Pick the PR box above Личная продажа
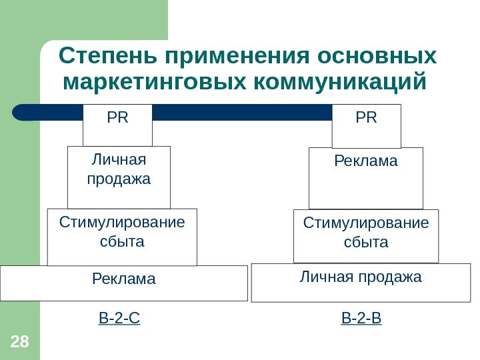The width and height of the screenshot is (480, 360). (117, 125)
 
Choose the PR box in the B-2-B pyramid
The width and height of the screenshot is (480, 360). (366, 125)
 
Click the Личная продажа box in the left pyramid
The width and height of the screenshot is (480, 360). (119, 177)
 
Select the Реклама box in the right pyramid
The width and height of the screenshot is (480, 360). (365, 178)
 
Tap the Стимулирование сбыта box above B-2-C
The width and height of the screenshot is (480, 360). (122, 237)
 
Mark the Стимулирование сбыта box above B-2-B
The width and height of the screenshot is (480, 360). (366, 236)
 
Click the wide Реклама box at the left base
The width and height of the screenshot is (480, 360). (123, 283)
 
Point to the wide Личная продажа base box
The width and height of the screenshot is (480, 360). (361, 283)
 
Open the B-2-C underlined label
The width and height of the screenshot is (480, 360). (119, 319)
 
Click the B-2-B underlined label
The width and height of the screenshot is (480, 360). (361, 319)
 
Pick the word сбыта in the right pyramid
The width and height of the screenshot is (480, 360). (366, 242)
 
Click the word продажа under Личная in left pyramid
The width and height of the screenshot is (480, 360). (119, 179)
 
